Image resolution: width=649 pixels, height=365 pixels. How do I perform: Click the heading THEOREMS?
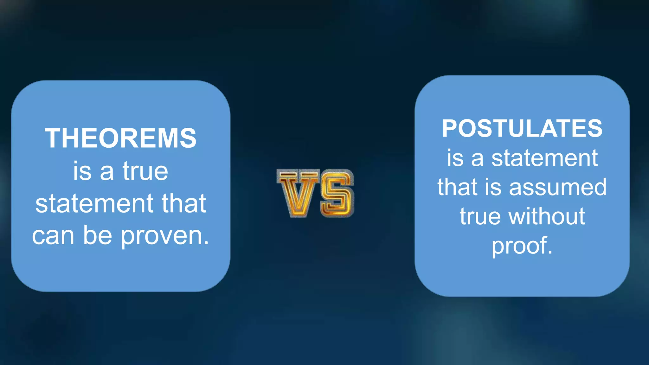pyautogui.click(x=120, y=138)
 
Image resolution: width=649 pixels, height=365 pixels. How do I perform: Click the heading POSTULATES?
pyautogui.click(x=522, y=128)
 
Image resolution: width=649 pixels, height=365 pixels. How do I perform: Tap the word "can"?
pyautogui.click(x=53, y=236)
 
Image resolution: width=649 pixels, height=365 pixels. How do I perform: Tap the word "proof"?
pyautogui.click(x=519, y=246)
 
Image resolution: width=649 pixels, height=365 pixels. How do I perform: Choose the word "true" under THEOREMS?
pyautogui.click(x=145, y=171)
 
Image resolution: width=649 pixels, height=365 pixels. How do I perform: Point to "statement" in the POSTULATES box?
pyautogui.click(x=544, y=158)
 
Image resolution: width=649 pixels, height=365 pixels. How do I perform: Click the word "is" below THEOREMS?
pyautogui.click(x=82, y=171)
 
